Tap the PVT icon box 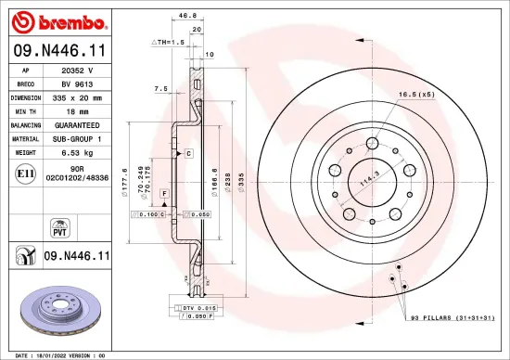click(58, 227)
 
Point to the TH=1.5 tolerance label click(168, 43)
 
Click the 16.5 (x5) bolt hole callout click(416, 94)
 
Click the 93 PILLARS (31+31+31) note click(452, 317)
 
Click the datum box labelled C click(188, 152)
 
